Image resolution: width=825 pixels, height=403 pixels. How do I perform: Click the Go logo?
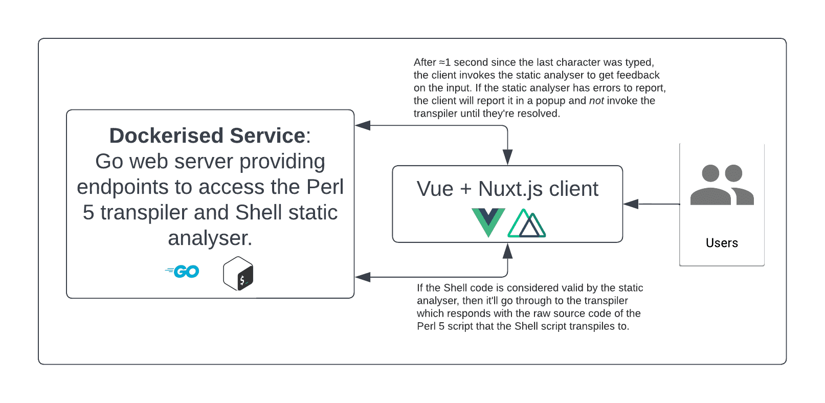pyautogui.click(x=183, y=272)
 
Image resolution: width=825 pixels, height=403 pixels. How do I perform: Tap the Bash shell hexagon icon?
pyautogui.click(x=238, y=274)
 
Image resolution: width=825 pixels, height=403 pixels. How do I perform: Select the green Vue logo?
pyautogui.click(x=488, y=222)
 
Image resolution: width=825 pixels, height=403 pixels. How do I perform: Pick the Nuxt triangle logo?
pyautogui.click(x=527, y=224)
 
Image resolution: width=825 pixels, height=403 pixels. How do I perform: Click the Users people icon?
pyautogui.click(x=722, y=185)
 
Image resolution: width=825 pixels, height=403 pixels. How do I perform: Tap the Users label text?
pyautogui.click(x=722, y=243)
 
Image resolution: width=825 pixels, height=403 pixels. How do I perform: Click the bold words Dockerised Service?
pyautogui.click(x=207, y=136)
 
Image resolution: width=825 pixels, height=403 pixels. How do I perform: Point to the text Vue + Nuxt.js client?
pyautogui.click(x=507, y=189)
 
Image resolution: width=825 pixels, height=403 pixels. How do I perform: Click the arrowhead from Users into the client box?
pyautogui.click(x=631, y=204)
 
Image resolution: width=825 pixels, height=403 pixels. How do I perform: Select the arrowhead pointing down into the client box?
pyautogui.click(x=507, y=157)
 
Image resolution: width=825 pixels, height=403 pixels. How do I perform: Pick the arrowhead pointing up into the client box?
pyautogui.click(x=507, y=251)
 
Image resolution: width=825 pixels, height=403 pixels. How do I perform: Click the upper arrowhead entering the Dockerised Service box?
pyautogui.click(x=363, y=125)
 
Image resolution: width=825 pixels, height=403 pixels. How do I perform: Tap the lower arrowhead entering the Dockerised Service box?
pyautogui.click(x=363, y=277)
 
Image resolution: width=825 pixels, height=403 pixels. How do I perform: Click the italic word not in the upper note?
pyautogui.click(x=596, y=101)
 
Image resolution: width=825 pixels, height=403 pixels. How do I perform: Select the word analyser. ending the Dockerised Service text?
pyautogui.click(x=210, y=238)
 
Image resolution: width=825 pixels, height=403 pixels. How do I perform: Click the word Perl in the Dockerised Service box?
pyautogui.click(x=325, y=187)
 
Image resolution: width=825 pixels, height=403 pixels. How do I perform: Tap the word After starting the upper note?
pyautogui.click(x=425, y=62)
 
